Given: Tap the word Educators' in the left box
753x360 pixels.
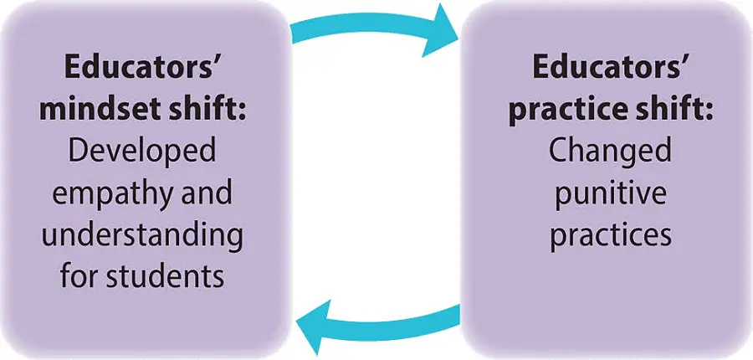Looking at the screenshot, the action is coord(141,69).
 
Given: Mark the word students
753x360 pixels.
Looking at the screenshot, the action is coord(165,276).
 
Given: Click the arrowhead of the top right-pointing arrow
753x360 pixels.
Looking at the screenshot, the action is coord(439,32).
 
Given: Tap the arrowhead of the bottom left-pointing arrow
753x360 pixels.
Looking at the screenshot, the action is coord(314,327).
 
